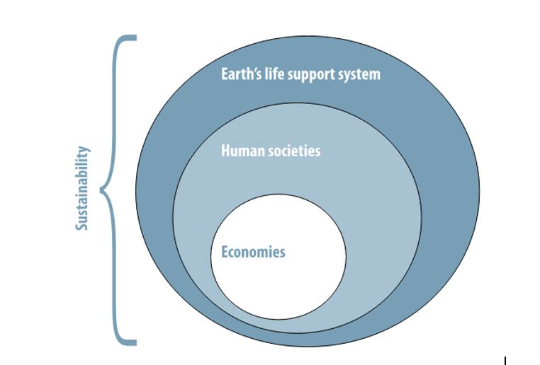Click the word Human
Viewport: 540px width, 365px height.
(241, 151)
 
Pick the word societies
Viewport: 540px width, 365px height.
(293, 151)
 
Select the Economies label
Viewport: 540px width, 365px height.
(253, 252)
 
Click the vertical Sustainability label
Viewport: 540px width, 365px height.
(83, 188)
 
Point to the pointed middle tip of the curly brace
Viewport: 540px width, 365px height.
(102, 190)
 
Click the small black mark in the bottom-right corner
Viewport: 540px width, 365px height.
(505, 360)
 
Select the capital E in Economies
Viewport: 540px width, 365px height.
(225, 252)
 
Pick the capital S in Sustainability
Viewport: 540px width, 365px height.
(83, 225)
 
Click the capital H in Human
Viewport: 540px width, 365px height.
(226, 151)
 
